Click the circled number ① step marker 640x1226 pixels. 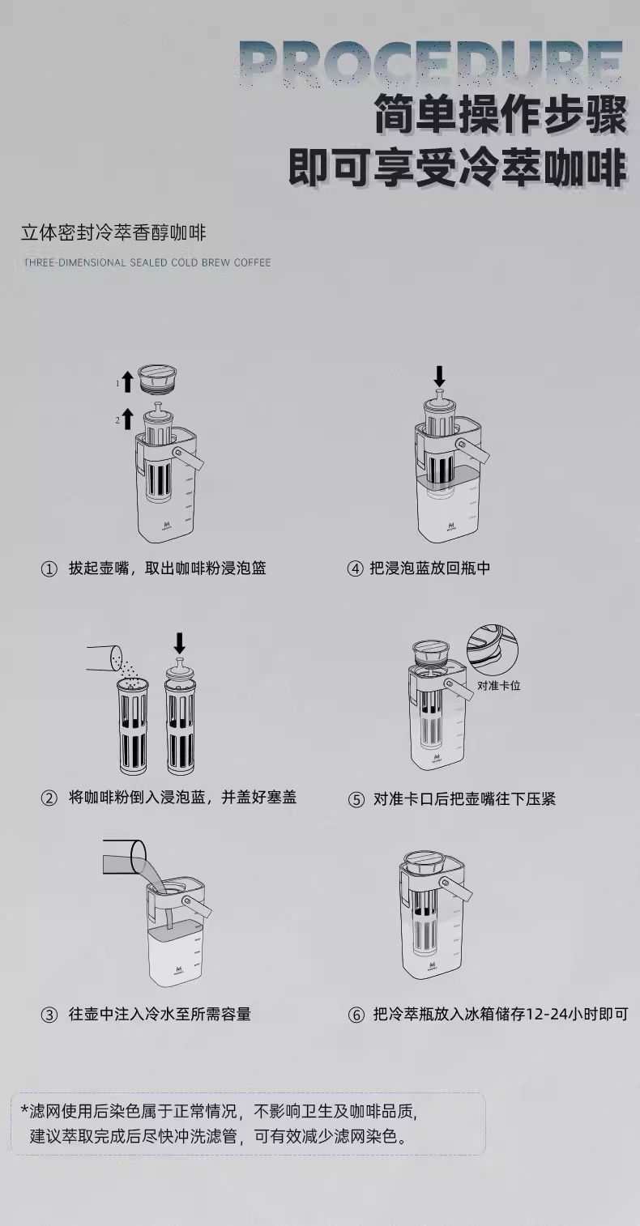(x=49, y=569)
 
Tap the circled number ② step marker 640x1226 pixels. (x=49, y=798)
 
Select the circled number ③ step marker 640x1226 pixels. (x=49, y=1015)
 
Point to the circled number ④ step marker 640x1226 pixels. (x=356, y=569)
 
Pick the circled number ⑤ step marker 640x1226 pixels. (x=356, y=800)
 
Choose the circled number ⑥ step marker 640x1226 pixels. (x=356, y=1015)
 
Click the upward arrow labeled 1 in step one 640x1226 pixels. (x=127, y=381)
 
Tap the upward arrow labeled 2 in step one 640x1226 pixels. (x=127, y=419)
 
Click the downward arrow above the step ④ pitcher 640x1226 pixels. (x=439, y=376)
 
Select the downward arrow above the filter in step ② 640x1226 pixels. (x=180, y=643)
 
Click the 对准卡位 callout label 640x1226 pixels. (x=499, y=685)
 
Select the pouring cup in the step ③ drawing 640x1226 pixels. (x=124, y=857)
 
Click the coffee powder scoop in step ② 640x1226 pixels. (x=105, y=658)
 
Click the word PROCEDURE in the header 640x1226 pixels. (x=433, y=62)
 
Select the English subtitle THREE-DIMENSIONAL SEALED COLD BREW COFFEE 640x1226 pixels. (x=147, y=262)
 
